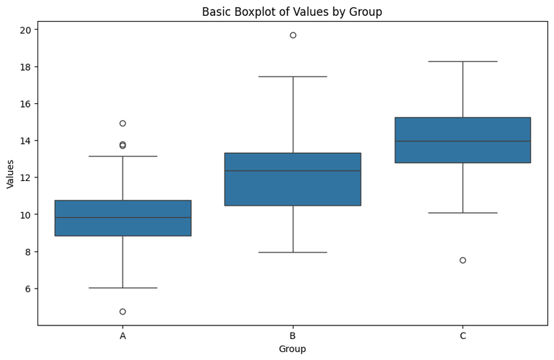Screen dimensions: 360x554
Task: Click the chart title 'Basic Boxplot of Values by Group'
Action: pyautogui.click(x=292, y=12)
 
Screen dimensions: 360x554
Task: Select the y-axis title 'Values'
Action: pyautogui.click(x=10, y=174)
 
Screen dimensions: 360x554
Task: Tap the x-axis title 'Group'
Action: pyautogui.click(x=292, y=349)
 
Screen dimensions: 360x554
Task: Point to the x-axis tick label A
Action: pyautogui.click(x=123, y=335)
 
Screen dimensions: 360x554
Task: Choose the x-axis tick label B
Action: pyautogui.click(x=292, y=335)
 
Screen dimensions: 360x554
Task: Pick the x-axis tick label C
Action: pyautogui.click(x=462, y=335)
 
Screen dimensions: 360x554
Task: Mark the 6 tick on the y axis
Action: pyautogui.click(x=27, y=289)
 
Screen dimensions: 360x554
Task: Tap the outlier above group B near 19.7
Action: pyautogui.click(x=293, y=35)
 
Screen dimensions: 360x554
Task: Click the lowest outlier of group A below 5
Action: pyautogui.click(x=123, y=312)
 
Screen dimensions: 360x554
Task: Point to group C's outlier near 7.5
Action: pyautogui.click(x=462, y=260)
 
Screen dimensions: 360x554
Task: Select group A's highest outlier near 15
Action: pyautogui.click(x=123, y=123)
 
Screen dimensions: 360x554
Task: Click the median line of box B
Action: pyautogui.click(x=292, y=171)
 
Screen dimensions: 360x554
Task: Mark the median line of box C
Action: pyautogui.click(x=462, y=141)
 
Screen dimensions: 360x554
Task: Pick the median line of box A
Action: pyautogui.click(x=123, y=217)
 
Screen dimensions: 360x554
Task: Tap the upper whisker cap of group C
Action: pyautogui.click(x=462, y=62)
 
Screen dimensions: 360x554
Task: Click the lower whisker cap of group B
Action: pyautogui.click(x=292, y=253)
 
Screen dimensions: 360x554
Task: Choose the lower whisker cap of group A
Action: pyautogui.click(x=123, y=288)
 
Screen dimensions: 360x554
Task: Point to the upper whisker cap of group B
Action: pyautogui.click(x=292, y=76)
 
